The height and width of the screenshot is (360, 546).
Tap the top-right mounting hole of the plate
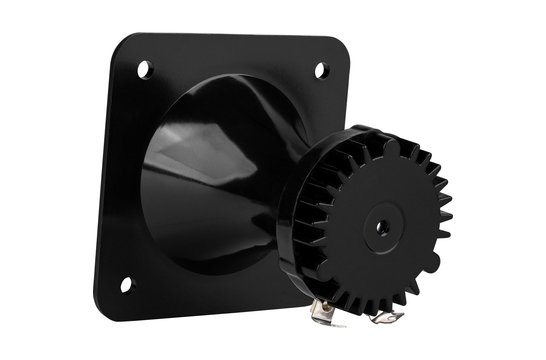coord(320,70)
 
